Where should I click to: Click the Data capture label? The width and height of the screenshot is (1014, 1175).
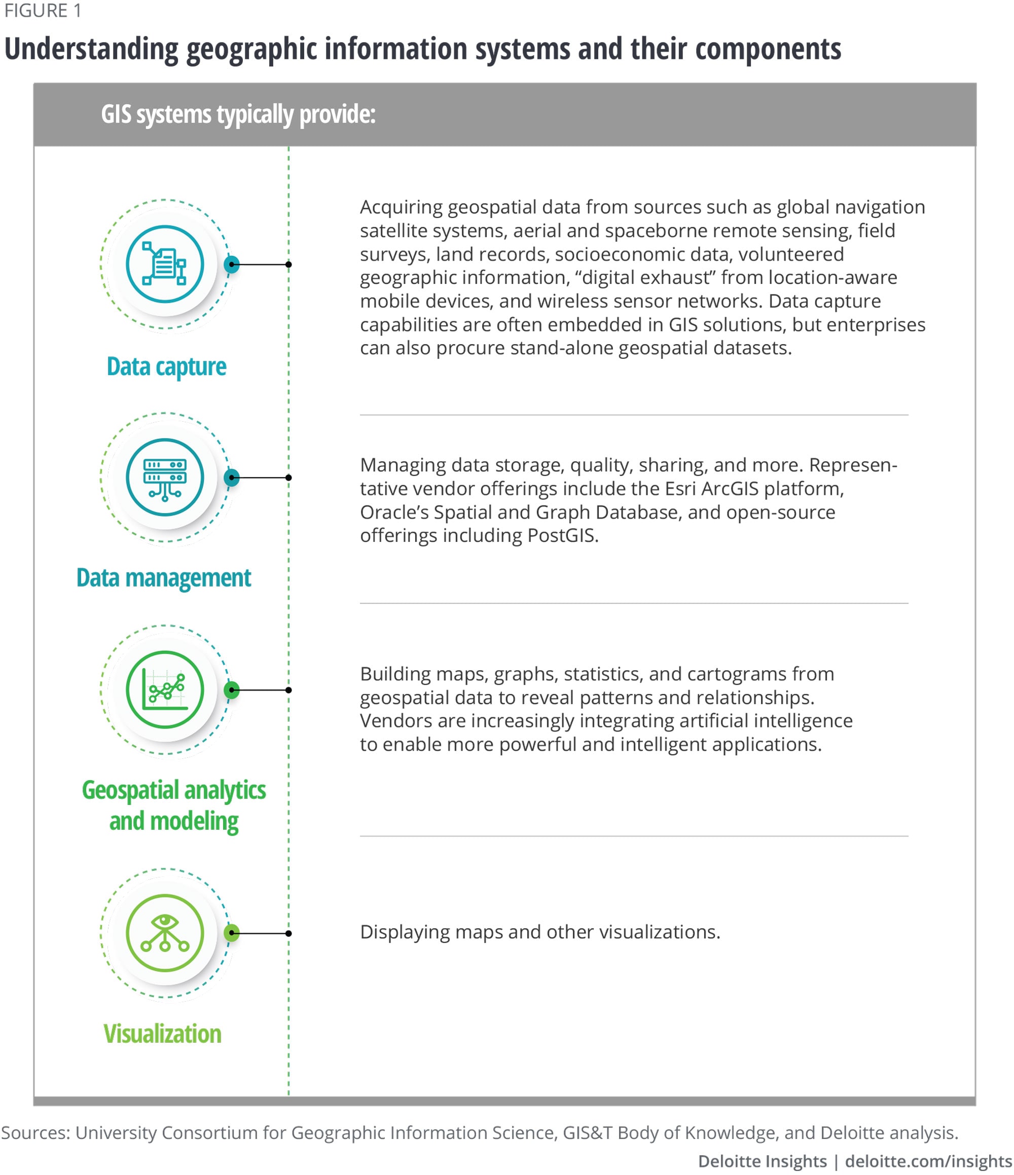click(166, 366)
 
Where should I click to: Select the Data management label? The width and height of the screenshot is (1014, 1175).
click(163, 578)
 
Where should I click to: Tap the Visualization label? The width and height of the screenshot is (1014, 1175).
click(162, 1034)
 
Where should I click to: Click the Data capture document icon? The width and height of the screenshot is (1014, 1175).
click(164, 264)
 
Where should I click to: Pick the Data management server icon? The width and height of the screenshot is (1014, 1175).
click(164, 478)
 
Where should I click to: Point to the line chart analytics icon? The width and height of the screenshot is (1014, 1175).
click(164, 689)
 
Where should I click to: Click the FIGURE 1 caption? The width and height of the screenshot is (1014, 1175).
click(42, 11)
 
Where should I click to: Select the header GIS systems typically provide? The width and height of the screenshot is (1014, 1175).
click(238, 115)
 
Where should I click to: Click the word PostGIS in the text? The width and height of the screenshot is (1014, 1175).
click(561, 535)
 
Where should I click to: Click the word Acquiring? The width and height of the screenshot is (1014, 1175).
click(401, 207)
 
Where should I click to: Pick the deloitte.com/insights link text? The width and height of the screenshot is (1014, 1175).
click(928, 1161)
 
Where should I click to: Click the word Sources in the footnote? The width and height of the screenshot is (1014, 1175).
click(35, 1132)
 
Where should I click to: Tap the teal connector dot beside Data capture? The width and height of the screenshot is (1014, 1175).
click(231, 264)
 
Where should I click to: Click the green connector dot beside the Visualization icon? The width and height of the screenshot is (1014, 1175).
click(231, 933)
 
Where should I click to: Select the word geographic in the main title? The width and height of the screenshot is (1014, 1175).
click(252, 50)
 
